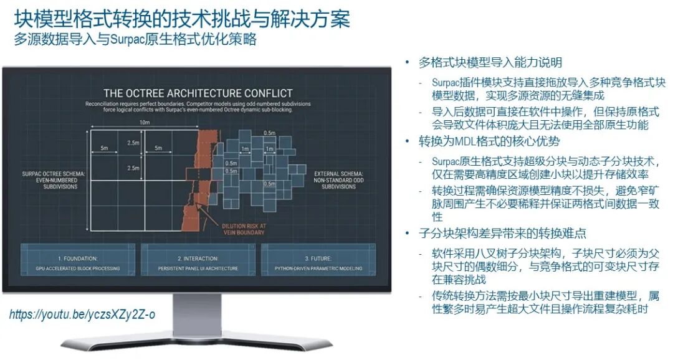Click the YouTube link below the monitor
coord(82,315)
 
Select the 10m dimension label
coord(145,123)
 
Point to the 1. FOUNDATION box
coord(79,262)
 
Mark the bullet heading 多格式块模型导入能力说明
coord(490,62)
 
